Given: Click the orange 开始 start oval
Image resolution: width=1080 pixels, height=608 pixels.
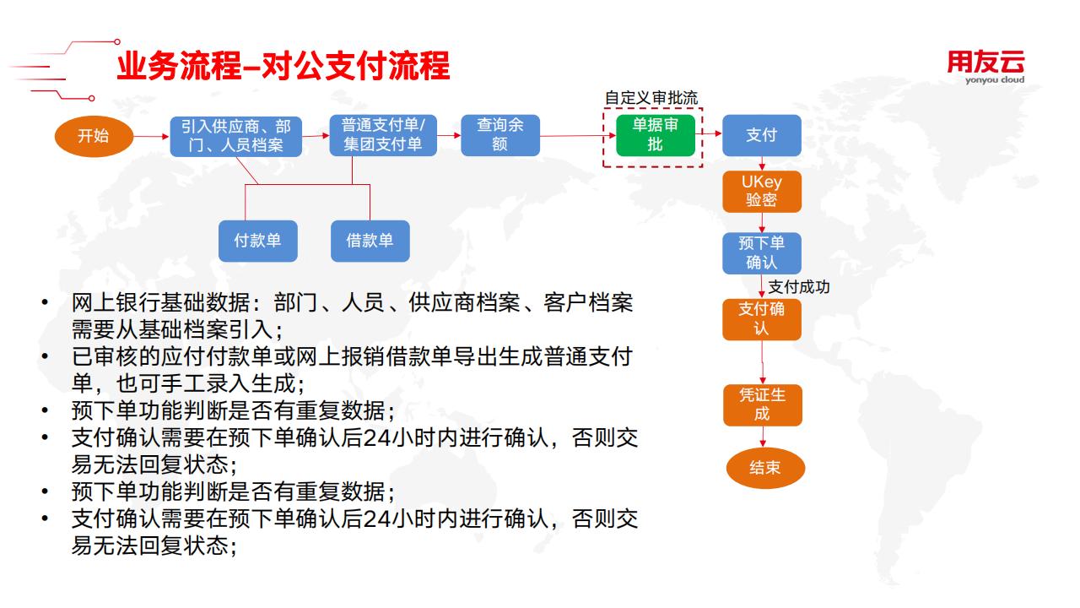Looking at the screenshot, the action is tap(94, 136).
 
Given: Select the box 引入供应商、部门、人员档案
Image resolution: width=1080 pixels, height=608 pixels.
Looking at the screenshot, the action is tap(235, 136).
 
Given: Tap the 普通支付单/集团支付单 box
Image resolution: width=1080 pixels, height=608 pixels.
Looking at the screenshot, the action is tap(383, 135).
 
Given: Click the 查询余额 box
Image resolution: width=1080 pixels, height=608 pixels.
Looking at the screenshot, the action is tap(500, 135).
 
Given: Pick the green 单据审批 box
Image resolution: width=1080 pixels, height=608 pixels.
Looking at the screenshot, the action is tap(656, 135).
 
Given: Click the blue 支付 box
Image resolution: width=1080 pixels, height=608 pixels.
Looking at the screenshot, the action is tap(762, 135).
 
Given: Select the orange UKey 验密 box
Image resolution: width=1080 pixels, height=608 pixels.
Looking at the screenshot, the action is tap(762, 192).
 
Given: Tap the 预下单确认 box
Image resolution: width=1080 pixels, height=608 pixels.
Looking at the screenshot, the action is tap(762, 253).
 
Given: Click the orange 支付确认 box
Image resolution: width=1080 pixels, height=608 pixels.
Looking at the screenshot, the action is tap(762, 319).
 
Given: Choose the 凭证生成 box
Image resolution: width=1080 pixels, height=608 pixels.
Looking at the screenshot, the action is tap(763, 404).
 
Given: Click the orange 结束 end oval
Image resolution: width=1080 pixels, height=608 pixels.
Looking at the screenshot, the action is tap(765, 468).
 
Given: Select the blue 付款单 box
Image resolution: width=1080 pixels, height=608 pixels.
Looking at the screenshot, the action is tap(258, 242).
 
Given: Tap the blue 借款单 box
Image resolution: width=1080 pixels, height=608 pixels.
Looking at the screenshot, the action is tap(370, 242).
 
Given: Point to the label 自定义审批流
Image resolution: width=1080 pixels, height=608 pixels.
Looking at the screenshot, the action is tap(651, 98).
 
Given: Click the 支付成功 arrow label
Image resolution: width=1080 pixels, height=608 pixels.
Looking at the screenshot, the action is tap(799, 287).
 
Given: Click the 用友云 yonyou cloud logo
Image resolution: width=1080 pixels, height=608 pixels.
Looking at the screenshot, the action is tap(986, 68).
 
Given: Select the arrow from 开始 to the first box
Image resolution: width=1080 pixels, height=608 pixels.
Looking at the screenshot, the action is tap(151, 137).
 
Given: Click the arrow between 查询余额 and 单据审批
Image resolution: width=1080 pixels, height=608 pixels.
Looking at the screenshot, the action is tap(578, 136).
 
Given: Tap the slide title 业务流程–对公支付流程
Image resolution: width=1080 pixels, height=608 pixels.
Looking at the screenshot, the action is tap(283, 66).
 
